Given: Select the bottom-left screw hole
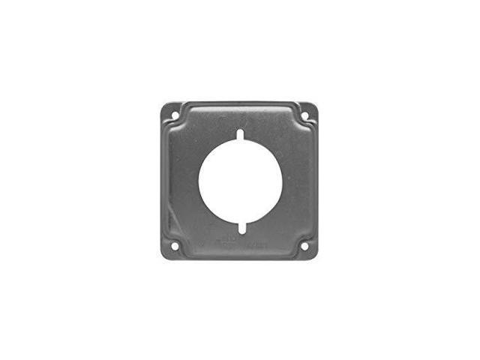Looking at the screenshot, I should pos(173,245).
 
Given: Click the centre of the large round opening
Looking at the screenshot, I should pos(240,181).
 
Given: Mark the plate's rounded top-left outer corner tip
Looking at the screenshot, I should pos(163,105).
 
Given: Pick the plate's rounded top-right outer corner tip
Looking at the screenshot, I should pos(316,105).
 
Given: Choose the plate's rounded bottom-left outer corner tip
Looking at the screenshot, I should pos(163,257).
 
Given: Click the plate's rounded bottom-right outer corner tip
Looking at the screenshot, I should pos(316,257).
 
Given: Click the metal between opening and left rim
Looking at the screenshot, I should pos(181,181).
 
